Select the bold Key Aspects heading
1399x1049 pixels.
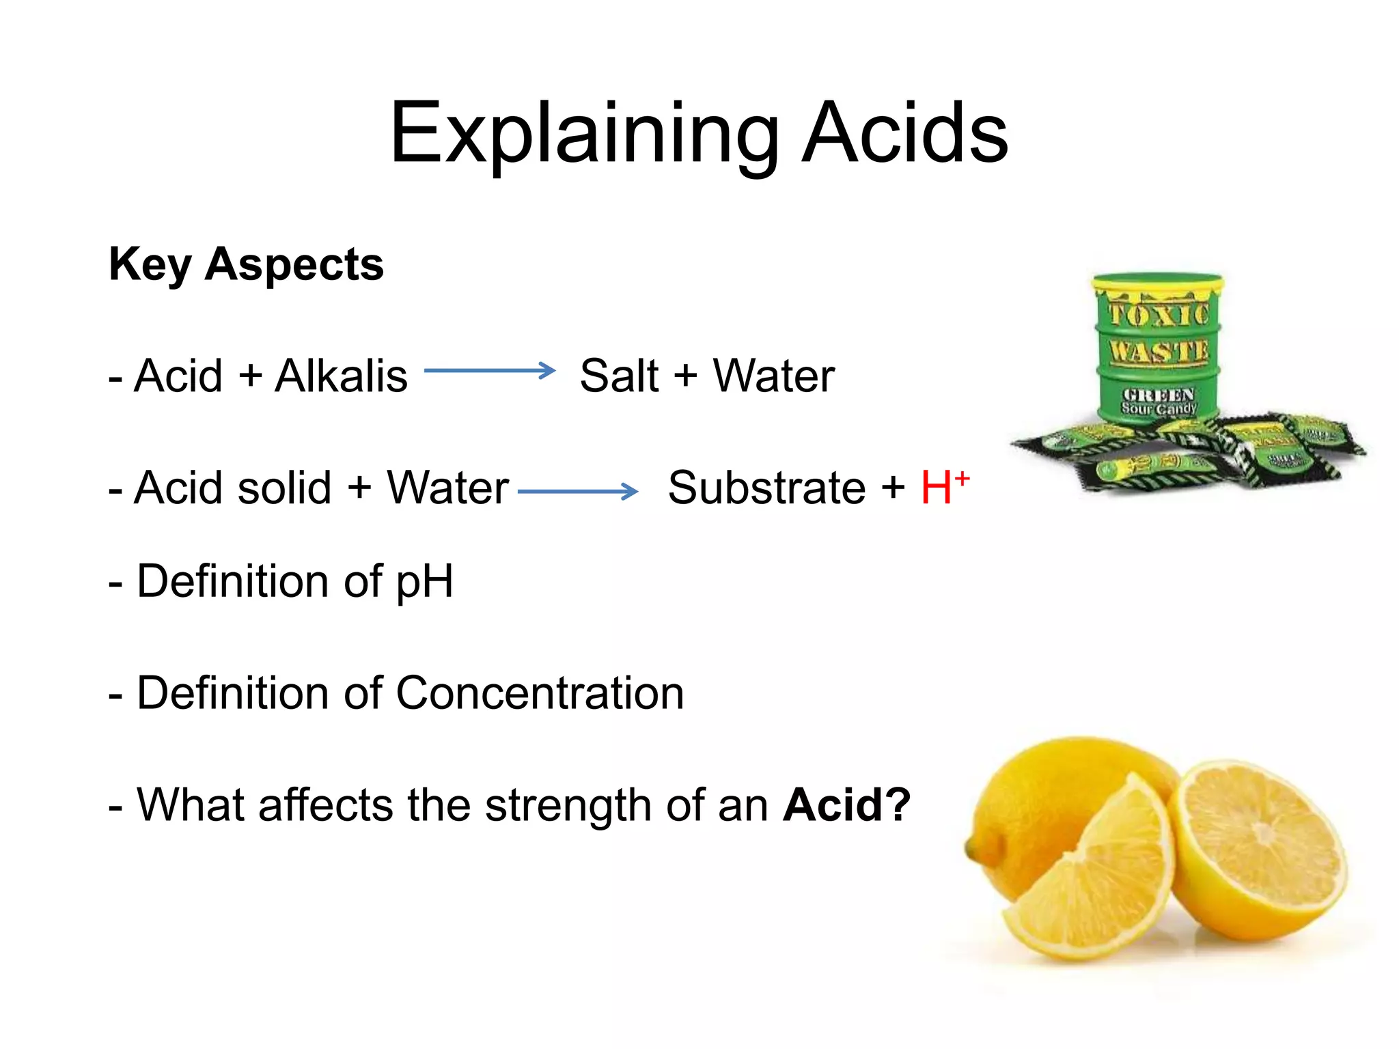(246, 264)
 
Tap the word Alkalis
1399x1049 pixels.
(341, 376)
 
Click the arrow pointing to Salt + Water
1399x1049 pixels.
(489, 371)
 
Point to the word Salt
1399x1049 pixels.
(619, 376)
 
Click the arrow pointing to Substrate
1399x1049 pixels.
(577, 491)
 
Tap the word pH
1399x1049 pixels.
(424, 581)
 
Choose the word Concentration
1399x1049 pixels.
(540, 693)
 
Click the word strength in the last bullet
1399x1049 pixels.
(567, 805)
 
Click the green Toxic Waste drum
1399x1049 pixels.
(1157, 355)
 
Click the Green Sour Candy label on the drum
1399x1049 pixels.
(1159, 402)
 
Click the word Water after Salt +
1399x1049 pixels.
(774, 376)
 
